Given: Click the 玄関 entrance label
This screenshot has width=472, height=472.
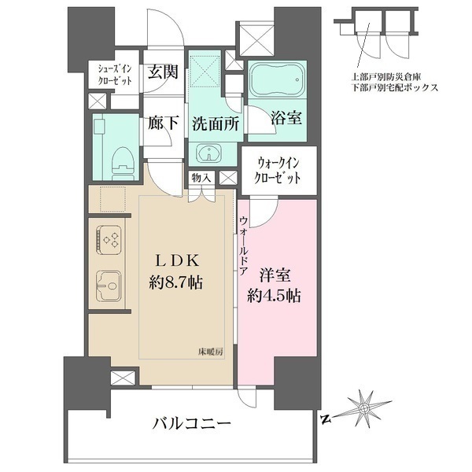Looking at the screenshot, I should (x=163, y=71).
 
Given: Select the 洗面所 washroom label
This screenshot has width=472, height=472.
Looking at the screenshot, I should (x=215, y=124).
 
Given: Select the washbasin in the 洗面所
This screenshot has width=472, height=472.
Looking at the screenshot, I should (x=208, y=153).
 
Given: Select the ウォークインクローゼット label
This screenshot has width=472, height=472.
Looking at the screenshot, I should (x=278, y=170).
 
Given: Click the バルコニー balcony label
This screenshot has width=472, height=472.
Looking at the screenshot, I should (x=190, y=425).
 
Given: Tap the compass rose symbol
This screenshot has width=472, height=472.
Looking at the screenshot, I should (x=363, y=407).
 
